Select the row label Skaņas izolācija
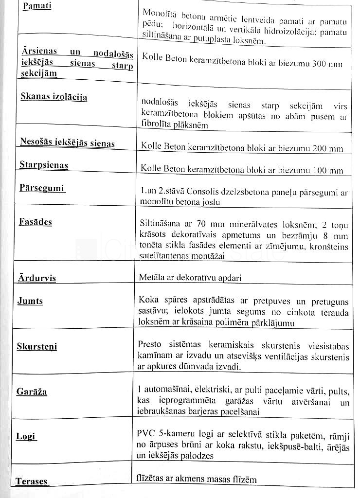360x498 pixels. click(54, 96)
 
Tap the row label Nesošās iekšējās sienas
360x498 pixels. click(67, 142)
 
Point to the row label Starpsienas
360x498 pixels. click(44, 165)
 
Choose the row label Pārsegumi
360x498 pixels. click(42, 188)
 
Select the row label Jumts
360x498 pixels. click(30, 301)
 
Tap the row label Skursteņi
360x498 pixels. click(37, 346)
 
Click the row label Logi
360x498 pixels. click(26, 436)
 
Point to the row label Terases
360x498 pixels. click(32, 481)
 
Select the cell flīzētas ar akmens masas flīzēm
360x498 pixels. click(197, 480)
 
